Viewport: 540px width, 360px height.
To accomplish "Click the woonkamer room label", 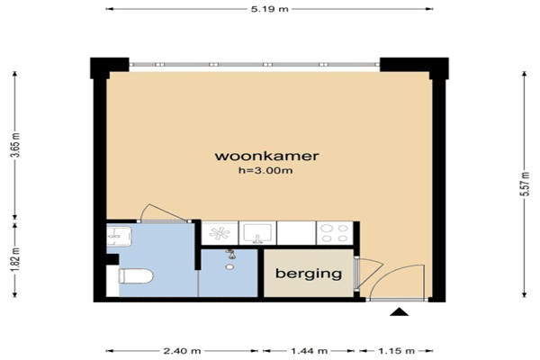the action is [x=267, y=156].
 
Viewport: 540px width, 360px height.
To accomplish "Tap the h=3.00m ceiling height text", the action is [x=265, y=170].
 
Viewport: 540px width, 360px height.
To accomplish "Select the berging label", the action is [x=309, y=274].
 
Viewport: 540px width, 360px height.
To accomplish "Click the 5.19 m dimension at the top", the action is [x=269, y=9].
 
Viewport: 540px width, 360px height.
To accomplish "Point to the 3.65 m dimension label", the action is [x=15, y=145].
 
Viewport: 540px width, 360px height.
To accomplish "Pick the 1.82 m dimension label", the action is [x=15, y=259].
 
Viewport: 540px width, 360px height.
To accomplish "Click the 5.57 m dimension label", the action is [x=524, y=184].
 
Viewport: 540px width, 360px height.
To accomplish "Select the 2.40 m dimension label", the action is [x=182, y=351].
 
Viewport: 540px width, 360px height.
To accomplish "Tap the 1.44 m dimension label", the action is [x=309, y=351].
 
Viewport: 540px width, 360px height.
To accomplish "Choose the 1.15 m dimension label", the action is [x=396, y=351].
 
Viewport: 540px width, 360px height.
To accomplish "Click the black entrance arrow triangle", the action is [x=399, y=311].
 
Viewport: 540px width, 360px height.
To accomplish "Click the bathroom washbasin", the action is [x=119, y=236].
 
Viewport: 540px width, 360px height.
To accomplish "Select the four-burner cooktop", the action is [x=335, y=233].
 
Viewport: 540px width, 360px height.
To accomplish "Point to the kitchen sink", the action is [x=257, y=233].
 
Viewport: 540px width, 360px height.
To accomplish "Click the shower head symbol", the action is [x=229, y=254].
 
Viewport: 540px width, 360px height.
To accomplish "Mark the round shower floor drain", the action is [x=229, y=266].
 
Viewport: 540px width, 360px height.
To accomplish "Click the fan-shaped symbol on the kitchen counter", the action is [x=220, y=233].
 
